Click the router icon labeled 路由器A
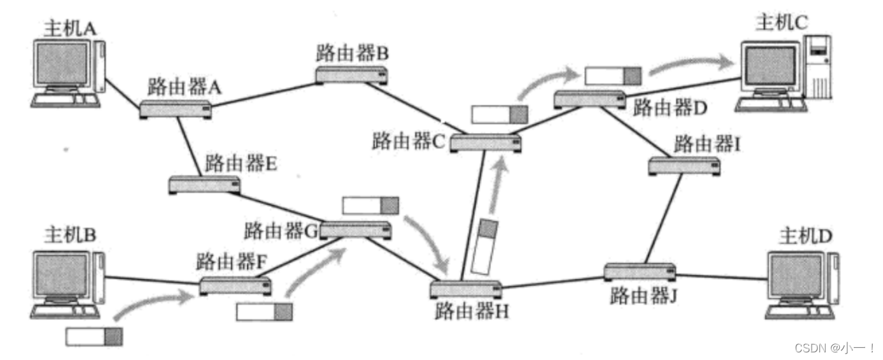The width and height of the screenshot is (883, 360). [x=176, y=109]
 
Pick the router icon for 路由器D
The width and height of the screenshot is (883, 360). [x=589, y=99]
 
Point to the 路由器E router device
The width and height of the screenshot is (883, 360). [x=205, y=184]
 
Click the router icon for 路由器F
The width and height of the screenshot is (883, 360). [x=236, y=285]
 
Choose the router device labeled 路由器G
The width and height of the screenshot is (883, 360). [x=355, y=230]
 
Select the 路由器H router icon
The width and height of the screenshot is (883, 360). [x=466, y=289]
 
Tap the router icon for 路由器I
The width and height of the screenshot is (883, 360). [x=684, y=167]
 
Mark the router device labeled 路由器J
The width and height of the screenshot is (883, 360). [x=640, y=272]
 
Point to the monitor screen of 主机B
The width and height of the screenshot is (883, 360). [x=63, y=275]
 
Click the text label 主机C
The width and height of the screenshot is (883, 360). [x=781, y=24]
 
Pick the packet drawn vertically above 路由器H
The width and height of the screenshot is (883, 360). [x=487, y=247]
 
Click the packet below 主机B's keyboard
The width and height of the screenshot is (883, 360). [x=94, y=336]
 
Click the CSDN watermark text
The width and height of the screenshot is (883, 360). [x=826, y=348]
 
